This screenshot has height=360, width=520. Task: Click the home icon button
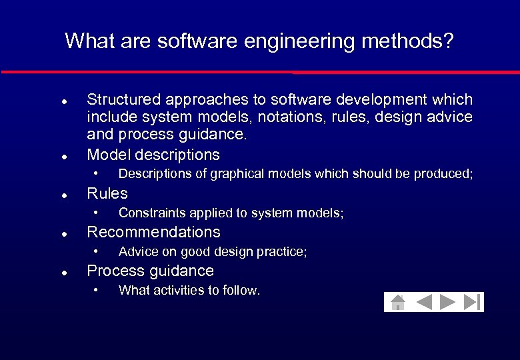tap(398, 303)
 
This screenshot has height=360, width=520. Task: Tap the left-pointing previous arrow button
tap(424, 303)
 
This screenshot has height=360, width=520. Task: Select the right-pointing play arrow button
tap(447, 303)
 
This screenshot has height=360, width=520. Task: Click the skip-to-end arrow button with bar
tap(472, 303)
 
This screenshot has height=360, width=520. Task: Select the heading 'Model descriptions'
tap(153, 155)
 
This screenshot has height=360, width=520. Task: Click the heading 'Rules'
tap(107, 193)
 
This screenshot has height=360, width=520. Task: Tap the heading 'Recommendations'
tap(153, 232)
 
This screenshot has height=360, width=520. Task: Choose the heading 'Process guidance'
tap(151, 271)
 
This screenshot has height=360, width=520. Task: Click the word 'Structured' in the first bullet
tap(124, 100)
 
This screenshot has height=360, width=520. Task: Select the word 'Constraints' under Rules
tap(149, 213)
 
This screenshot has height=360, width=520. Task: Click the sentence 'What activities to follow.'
tap(189, 291)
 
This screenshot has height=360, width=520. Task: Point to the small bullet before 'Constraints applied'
tap(96, 213)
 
